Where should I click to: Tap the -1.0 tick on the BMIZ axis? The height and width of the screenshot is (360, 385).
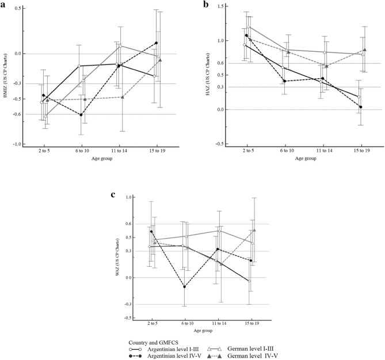[x=16, y=144]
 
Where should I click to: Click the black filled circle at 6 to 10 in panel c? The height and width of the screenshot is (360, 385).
[x=184, y=287]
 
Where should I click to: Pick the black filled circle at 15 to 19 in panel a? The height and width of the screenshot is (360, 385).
[x=156, y=43]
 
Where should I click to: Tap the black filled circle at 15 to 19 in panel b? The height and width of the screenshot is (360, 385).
[x=360, y=107]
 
